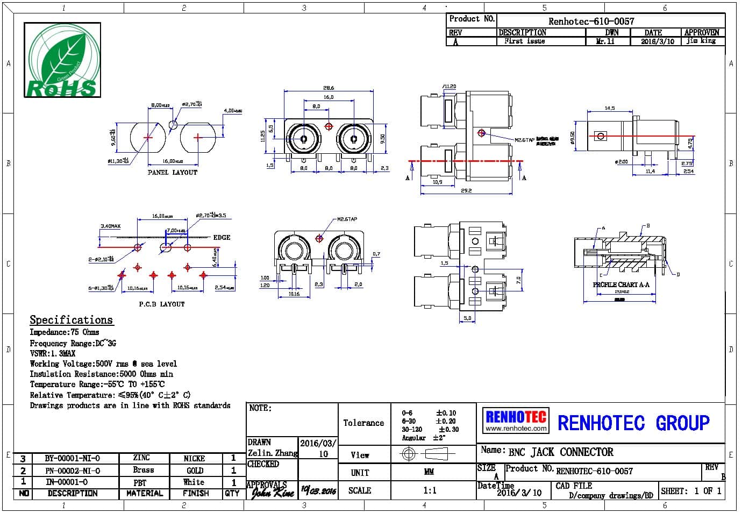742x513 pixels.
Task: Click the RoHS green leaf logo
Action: [62, 60]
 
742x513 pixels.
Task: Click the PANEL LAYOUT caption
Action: [173, 173]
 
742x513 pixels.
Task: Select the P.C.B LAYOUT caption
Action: [162, 304]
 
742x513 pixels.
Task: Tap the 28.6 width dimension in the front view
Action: [329, 88]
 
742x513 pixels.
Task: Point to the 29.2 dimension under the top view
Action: [466, 191]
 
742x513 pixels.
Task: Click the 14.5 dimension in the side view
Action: [609, 108]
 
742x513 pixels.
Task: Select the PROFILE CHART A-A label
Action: [621, 285]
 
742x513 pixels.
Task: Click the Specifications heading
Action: [71, 320]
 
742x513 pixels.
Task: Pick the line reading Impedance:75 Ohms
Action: [65, 332]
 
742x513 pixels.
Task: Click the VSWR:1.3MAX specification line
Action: [53, 353]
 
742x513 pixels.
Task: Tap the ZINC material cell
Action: [141, 458]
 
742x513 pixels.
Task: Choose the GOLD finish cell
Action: [194, 471]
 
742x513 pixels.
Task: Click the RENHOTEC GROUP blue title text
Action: [633, 423]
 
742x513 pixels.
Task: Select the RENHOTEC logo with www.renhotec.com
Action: [516, 421]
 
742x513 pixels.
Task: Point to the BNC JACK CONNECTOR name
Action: [560, 452]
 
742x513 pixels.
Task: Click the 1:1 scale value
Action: [430, 490]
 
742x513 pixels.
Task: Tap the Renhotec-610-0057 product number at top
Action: [591, 22]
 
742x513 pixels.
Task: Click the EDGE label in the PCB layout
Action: [222, 237]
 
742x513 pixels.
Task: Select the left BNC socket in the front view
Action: [304, 139]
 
